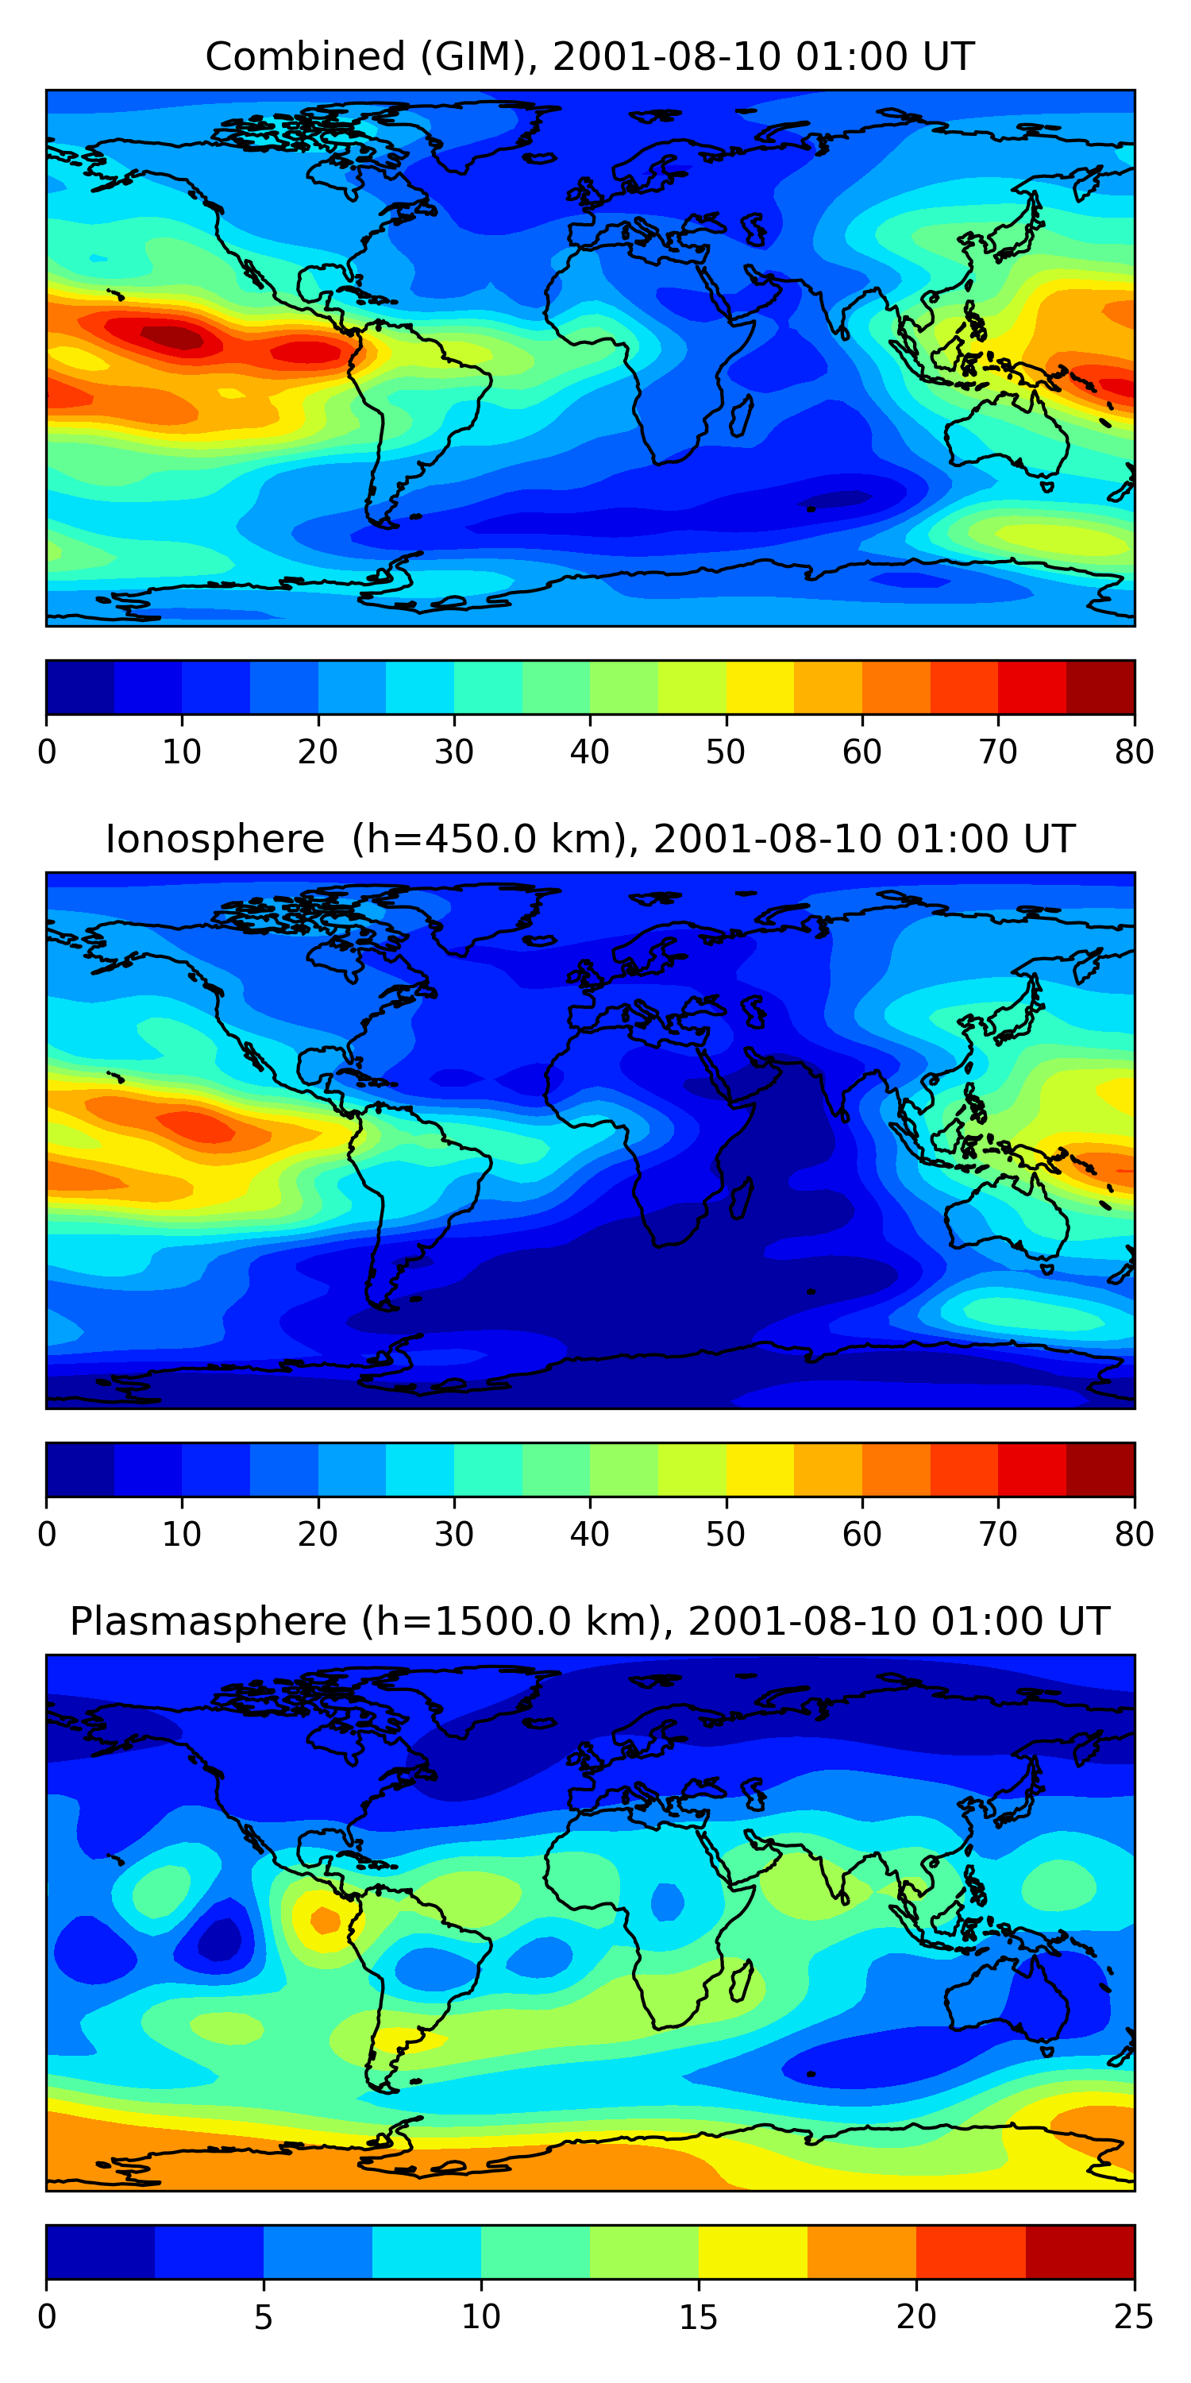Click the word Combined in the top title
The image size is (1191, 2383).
pyautogui.click(x=305, y=57)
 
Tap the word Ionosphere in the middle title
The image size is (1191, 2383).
pyautogui.click(x=214, y=839)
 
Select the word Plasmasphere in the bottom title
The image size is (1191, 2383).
pyautogui.click(x=208, y=1622)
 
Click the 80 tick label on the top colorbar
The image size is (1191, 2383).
pyautogui.click(x=1134, y=752)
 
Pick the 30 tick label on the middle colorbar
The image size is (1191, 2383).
pyautogui.click(x=454, y=1534)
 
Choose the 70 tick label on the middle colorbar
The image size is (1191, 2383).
pyautogui.click(x=998, y=1534)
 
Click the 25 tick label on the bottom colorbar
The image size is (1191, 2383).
pyautogui.click(x=1134, y=2316)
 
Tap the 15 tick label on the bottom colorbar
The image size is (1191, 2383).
pyautogui.click(x=698, y=2316)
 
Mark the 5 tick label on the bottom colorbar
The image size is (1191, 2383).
pyautogui.click(x=264, y=2316)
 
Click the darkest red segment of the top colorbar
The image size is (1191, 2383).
pyautogui.click(x=1100, y=687)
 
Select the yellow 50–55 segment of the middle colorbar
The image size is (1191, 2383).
pyautogui.click(x=760, y=1469)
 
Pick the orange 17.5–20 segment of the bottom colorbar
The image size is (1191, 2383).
pyautogui.click(x=861, y=2252)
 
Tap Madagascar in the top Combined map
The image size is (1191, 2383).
pyautogui.click(x=741, y=415)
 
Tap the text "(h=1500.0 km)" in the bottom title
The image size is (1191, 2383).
pyautogui.click(x=510, y=1622)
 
